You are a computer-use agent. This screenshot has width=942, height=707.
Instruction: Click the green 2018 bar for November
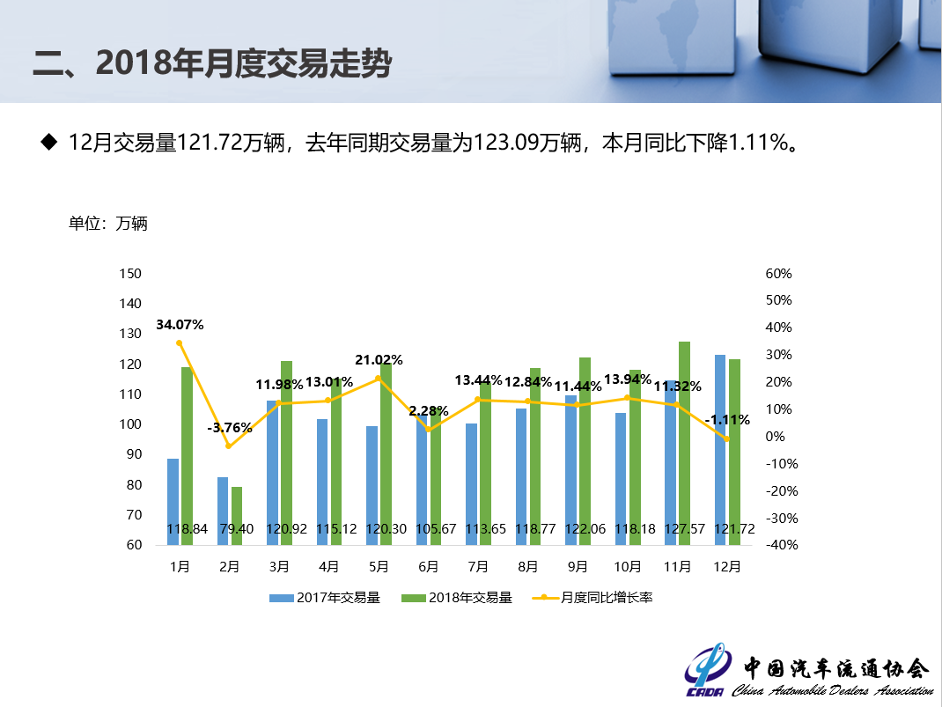(684, 440)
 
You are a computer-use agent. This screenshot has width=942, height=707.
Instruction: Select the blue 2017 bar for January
(173, 501)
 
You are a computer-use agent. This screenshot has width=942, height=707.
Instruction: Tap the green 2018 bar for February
(237, 515)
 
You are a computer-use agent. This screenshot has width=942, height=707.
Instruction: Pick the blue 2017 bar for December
(720, 449)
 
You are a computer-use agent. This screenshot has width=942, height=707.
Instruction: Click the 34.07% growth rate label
(180, 324)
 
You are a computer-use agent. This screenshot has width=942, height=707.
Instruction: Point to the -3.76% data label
(230, 428)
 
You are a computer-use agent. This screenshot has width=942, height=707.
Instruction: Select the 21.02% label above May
(379, 359)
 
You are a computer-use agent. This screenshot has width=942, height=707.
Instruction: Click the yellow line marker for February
(228, 446)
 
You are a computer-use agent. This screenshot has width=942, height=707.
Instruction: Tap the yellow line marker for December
(727, 438)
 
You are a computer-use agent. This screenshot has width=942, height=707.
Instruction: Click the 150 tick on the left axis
(129, 274)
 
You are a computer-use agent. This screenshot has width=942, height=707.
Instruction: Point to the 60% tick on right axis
(779, 274)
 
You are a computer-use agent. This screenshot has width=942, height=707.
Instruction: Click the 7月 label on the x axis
(478, 567)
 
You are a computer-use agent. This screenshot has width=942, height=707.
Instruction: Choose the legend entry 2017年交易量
(325, 598)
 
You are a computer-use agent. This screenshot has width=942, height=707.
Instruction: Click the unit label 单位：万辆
(108, 224)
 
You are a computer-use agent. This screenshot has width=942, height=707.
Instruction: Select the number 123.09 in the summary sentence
(505, 142)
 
